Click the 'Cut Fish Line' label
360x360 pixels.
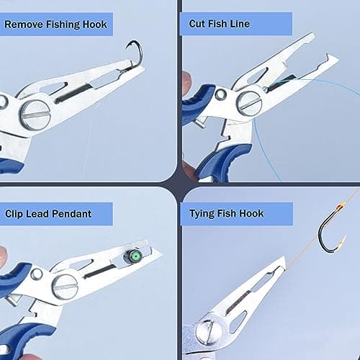[x=219, y=24]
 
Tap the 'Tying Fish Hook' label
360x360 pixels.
[x=226, y=213]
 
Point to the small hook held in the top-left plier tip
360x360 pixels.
[x=134, y=51]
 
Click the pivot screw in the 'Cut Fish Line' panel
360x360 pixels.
[x=250, y=103]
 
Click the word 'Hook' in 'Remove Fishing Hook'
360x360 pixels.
[x=94, y=24]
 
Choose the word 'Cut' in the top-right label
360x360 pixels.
[x=198, y=24]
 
